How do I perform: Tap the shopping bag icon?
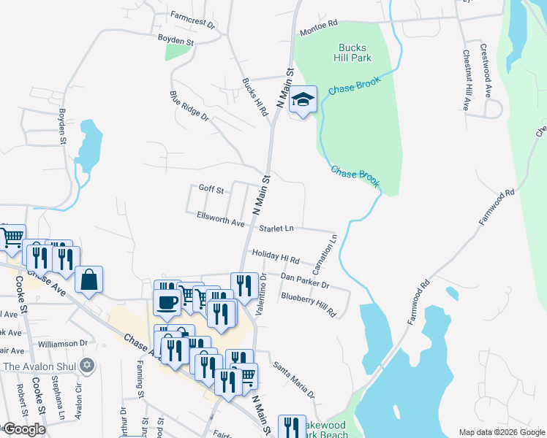[x=88, y=280]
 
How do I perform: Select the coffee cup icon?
[x=167, y=301]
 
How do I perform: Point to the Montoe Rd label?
[x=318, y=33]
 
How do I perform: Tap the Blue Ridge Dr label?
[x=189, y=106]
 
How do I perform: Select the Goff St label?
[x=211, y=189]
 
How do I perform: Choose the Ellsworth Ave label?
[x=221, y=218]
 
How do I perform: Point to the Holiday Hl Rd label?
[x=276, y=256]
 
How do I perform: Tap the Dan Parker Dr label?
[x=305, y=281]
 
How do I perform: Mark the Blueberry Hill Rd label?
[x=308, y=304]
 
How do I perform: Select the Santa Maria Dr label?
[x=293, y=380]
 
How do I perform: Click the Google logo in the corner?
[x=24, y=429]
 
